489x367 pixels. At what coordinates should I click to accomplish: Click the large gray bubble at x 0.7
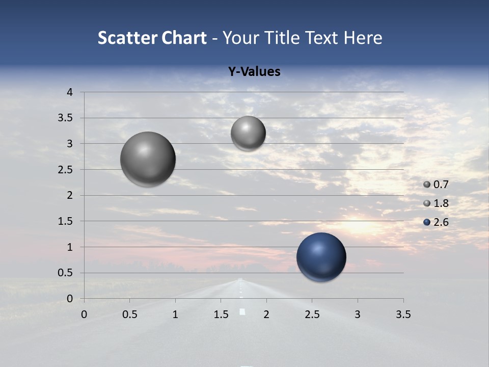click(148, 159)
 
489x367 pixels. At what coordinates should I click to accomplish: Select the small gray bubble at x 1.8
click(248, 134)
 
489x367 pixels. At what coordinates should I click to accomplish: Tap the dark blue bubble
click(321, 257)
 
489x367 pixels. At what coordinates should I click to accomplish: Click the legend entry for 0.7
click(436, 185)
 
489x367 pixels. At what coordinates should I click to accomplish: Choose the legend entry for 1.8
click(436, 203)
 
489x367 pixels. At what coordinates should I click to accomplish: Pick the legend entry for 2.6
click(436, 222)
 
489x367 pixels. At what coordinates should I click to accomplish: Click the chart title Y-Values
click(254, 72)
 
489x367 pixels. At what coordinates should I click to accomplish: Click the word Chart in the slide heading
click(184, 38)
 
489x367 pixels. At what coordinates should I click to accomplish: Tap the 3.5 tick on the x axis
click(403, 314)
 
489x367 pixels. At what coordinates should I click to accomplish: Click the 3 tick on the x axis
click(358, 314)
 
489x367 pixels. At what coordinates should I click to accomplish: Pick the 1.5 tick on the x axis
click(221, 314)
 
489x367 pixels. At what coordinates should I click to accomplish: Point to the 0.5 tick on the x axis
click(129, 314)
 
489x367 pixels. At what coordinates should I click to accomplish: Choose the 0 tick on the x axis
click(84, 314)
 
